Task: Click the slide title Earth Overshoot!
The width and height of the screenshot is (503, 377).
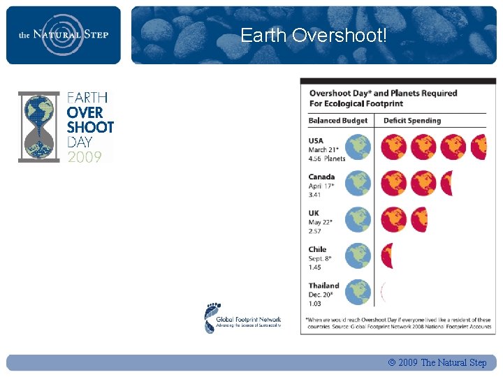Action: click(313, 35)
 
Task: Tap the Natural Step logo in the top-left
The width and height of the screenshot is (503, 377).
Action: click(64, 34)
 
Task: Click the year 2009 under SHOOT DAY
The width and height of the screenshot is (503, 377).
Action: click(85, 157)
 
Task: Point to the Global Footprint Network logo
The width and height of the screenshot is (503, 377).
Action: click(242, 318)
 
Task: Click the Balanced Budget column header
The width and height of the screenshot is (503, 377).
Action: click(338, 121)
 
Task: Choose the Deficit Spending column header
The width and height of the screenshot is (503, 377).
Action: click(412, 121)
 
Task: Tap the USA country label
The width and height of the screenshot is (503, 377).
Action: click(316, 140)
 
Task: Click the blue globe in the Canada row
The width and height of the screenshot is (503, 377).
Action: click(358, 184)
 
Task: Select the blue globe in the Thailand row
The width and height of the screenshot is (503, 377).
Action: click(358, 292)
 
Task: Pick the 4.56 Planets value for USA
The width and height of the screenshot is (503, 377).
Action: click(326, 158)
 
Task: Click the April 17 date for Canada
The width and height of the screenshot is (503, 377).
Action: click(321, 186)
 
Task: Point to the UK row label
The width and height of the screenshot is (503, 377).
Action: click(314, 213)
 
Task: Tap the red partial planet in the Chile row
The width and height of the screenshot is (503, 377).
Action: click(388, 256)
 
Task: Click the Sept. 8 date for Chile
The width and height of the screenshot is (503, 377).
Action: click(321, 258)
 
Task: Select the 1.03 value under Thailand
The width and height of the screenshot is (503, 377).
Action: click(316, 304)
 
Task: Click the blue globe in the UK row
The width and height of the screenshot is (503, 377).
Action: click(358, 219)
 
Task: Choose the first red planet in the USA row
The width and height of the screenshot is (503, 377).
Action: click(393, 147)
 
